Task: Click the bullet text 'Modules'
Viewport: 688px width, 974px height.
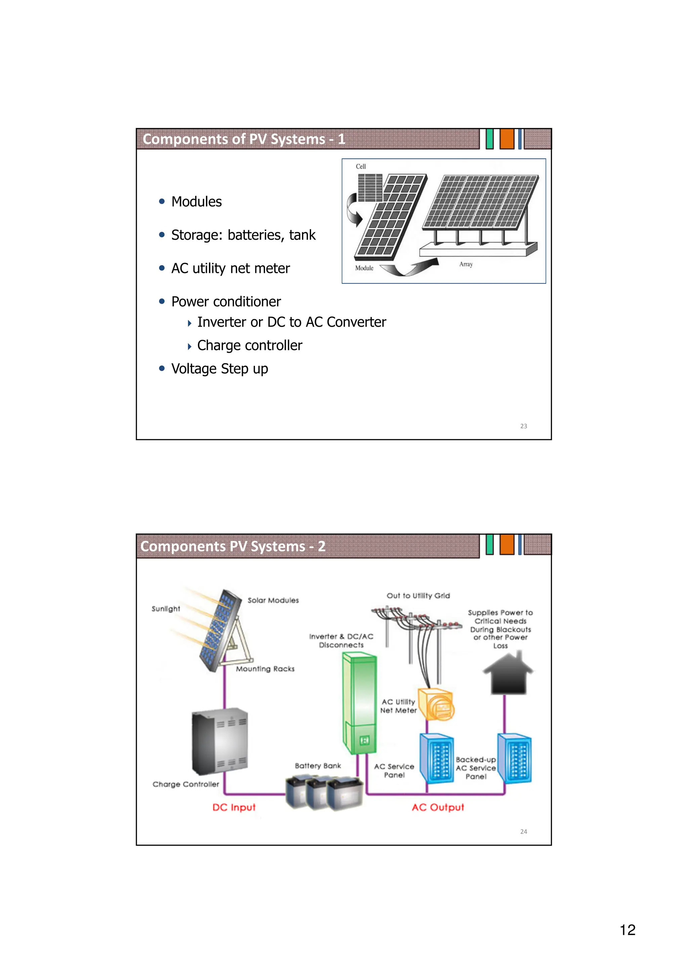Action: [196, 202]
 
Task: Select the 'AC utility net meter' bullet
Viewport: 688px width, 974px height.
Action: [230, 268]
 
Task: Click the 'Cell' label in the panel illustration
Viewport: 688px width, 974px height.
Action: [360, 166]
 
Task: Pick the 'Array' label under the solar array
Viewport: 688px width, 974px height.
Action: [466, 264]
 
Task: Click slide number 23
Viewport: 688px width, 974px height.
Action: [523, 426]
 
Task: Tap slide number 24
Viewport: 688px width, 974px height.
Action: [523, 831]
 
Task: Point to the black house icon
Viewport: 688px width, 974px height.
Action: [508, 675]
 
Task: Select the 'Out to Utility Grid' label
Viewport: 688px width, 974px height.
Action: [418, 596]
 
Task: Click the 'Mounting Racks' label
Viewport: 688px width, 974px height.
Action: [265, 668]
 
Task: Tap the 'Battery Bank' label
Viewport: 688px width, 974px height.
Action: [317, 766]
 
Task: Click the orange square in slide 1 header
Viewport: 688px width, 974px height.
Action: [507, 139]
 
